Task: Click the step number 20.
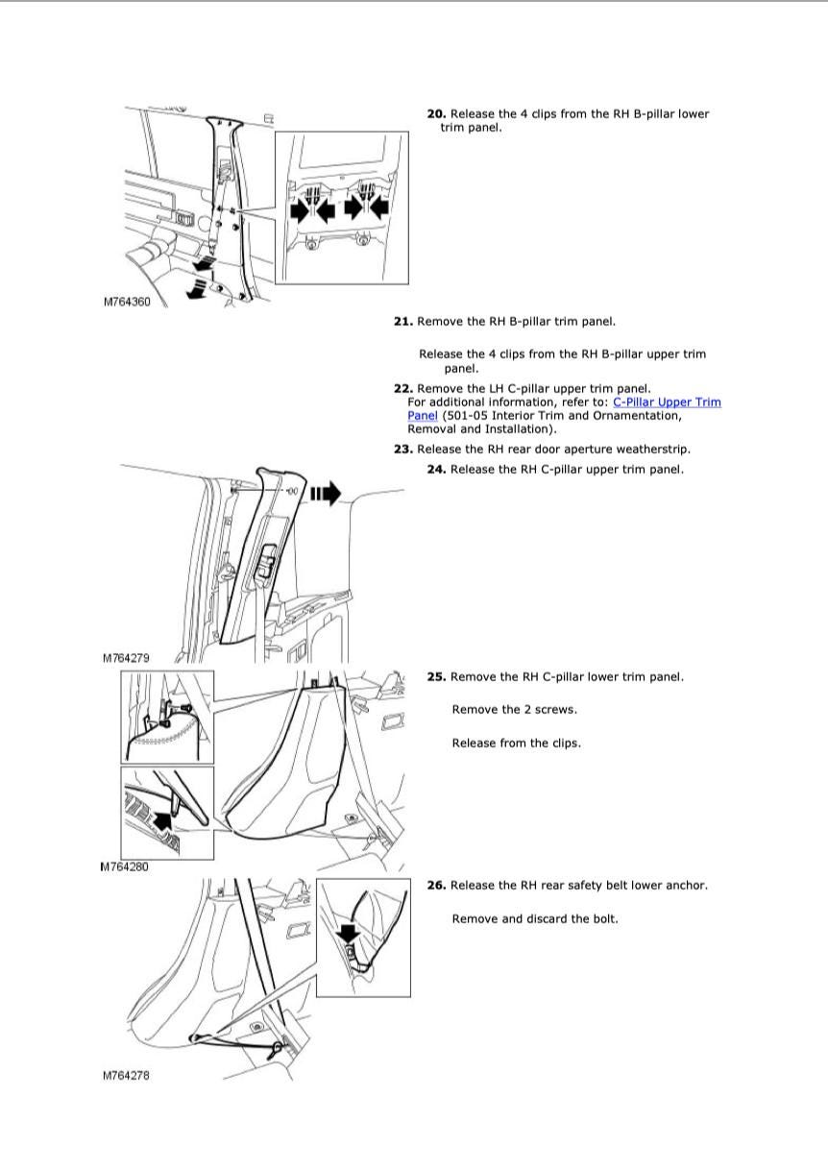(436, 114)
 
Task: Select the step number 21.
(402, 322)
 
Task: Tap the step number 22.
(402, 389)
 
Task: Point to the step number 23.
(402, 450)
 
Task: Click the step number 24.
(436, 470)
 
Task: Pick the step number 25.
(436, 677)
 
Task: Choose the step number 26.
(436, 886)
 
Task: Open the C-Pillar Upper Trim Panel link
(667, 402)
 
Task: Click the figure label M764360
(127, 302)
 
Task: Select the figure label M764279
(127, 659)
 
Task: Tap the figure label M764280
(125, 866)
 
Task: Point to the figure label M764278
(127, 1076)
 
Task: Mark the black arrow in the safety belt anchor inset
(348, 932)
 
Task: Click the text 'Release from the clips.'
(516, 743)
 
